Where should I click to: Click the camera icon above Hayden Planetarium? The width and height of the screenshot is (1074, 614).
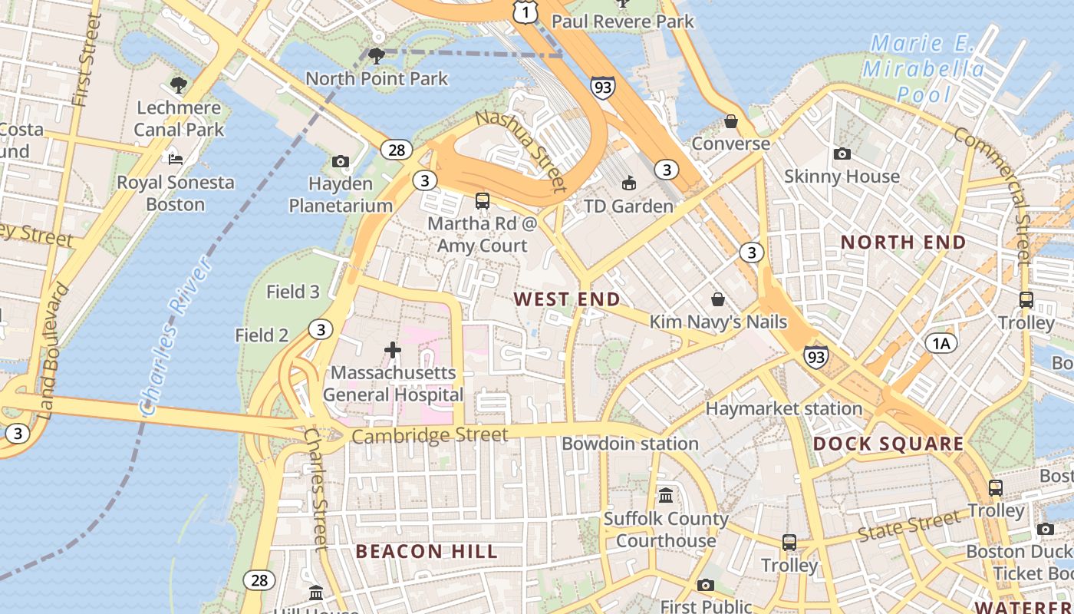(x=341, y=161)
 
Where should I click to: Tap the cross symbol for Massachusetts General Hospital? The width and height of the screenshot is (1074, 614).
(x=393, y=351)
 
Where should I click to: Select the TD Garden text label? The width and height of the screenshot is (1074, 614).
(x=628, y=206)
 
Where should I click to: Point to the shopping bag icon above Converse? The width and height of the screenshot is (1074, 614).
(x=731, y=121)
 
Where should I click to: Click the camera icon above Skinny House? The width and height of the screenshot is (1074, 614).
(x=842, y=153)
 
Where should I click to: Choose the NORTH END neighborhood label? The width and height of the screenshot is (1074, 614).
(x=903, y=243)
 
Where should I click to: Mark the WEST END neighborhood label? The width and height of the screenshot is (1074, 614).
(x=567, y=299)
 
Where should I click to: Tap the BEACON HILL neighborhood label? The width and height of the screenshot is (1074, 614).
(x=427, y=551)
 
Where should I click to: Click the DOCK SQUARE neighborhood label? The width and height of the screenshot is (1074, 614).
(x=888, y=444)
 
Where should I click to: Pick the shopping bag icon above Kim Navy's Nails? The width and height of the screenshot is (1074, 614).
(x=718, y=299)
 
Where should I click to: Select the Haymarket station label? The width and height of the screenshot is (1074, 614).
(x=783, y=409)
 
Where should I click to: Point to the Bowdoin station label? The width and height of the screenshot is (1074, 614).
(x=630, y=444)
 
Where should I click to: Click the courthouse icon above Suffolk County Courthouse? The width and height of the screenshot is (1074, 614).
(x=665, y=495)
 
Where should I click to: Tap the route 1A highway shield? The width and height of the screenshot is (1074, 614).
(x=941, y=343)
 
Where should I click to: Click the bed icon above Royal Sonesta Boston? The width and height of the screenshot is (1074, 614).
(x=176, y=160)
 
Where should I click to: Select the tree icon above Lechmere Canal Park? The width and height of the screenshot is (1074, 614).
(x=179, y=84)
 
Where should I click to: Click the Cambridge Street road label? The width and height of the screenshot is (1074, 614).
(x=430, y=436)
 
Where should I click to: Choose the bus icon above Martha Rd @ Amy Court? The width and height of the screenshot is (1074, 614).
(x=482, y=201)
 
